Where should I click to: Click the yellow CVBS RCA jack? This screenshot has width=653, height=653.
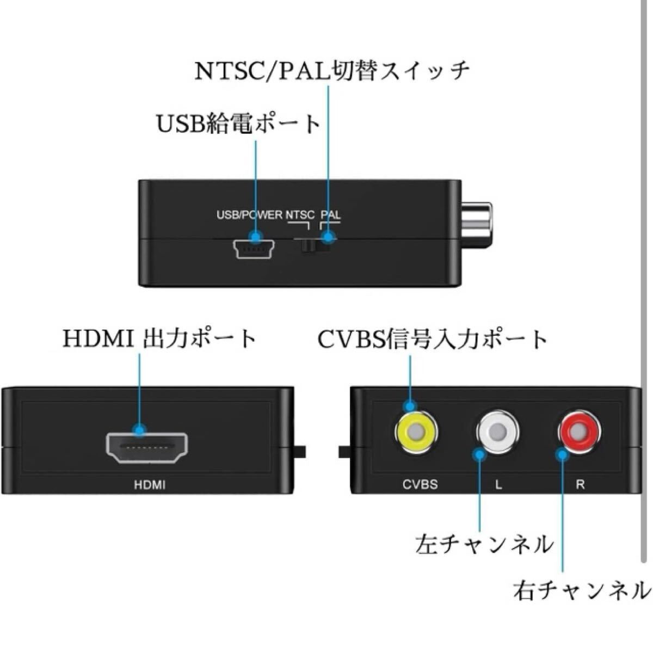(x=415, y=433)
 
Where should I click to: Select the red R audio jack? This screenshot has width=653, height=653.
(x=579, y=433)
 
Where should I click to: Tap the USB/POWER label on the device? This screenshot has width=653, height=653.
(x=249, y=214)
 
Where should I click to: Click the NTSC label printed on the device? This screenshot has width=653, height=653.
(x=300, y=214)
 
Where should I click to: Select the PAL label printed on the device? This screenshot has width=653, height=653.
(x=330, y=214)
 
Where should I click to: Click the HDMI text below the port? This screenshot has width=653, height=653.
(x=149, y=484)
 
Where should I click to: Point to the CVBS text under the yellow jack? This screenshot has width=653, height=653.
(x=420, y=484)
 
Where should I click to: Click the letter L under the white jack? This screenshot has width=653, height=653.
(x=498, y=484)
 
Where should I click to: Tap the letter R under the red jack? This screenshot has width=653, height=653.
(x=580, y=484)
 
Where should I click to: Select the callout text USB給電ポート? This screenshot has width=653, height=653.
(x=238, y=124)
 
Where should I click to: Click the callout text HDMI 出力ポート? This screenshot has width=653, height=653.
(x=159, y=338)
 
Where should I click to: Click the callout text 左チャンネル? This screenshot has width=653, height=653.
(x=484, y=544)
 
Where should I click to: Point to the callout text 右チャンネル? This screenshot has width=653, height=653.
(x=581, y=590)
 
